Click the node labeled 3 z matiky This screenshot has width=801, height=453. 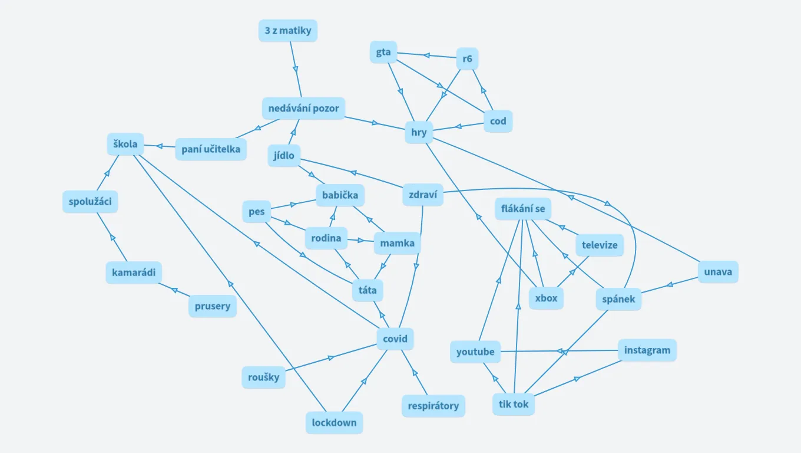[x=287, y=31]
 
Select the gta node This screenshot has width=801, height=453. [x=383, y=52]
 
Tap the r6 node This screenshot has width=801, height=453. [x=468, y=58]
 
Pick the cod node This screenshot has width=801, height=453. [x=498, y=122]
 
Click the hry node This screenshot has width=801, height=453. [x=419, y=132]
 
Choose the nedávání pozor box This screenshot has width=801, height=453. [x=303, y=109]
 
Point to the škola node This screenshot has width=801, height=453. [x=125, y=144]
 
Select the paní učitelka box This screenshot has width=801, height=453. [x=211, y=149]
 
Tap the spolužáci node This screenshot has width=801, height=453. [x=90, y=202]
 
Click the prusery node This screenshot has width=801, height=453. [x=213, y=307]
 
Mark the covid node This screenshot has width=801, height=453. [x=395, y=339]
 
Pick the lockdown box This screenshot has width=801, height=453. [x=334, y=422]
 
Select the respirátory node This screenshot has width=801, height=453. [x=433, y=406]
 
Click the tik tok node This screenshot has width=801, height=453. [x=514, y=404]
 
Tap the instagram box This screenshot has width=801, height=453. [x=647, y=350]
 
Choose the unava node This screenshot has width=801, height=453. [x=718, y=272]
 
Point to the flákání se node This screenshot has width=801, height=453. [x=523, y=209]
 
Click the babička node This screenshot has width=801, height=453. [x=340, y=195]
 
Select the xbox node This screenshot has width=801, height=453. [x=546, y=298]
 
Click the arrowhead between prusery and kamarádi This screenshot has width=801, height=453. [x=174, y=289]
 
